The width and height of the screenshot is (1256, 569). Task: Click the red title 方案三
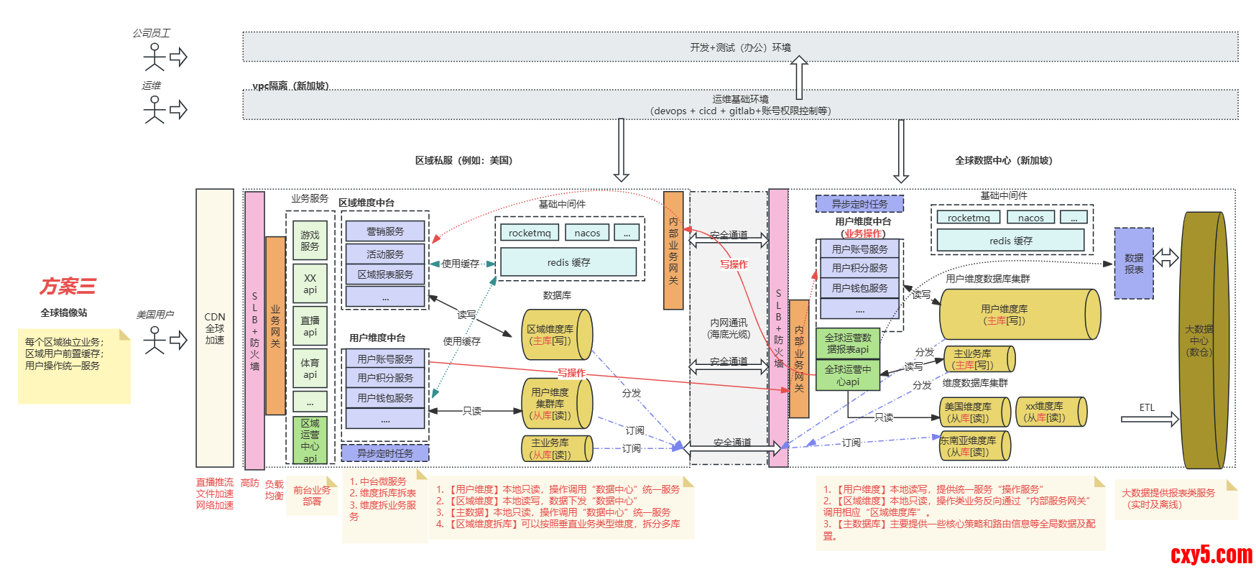(x=68, y=286)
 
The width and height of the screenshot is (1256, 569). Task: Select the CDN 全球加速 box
(x=215, y=328)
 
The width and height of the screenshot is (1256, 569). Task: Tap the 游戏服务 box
(x=310, y=241)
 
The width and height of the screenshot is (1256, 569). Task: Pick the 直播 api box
(x=310, y=326)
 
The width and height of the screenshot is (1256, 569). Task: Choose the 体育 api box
(x=310, y=369)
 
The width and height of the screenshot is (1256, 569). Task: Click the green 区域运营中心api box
(x=310, y=440)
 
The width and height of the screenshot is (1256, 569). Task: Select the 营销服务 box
(x=385, y=231)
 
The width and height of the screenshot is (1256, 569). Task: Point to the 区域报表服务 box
(x=385, y=274)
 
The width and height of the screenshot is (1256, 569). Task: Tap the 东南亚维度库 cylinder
(x=974, y=446)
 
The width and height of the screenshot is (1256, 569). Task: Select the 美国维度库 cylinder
(x=974, y=412)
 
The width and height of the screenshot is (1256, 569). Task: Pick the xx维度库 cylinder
(x=1050, y=412)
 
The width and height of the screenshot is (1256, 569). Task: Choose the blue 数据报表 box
(x=1134, y=264)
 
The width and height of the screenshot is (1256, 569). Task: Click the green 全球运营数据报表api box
(x=848, y=343)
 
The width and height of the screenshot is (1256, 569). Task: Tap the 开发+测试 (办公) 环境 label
(x=740, y=47)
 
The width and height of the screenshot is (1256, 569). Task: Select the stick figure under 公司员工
(x=154, y=57)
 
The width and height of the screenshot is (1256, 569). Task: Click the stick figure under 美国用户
(x=154, y=340)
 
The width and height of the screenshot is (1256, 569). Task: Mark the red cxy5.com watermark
(x=1211, y=555)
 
